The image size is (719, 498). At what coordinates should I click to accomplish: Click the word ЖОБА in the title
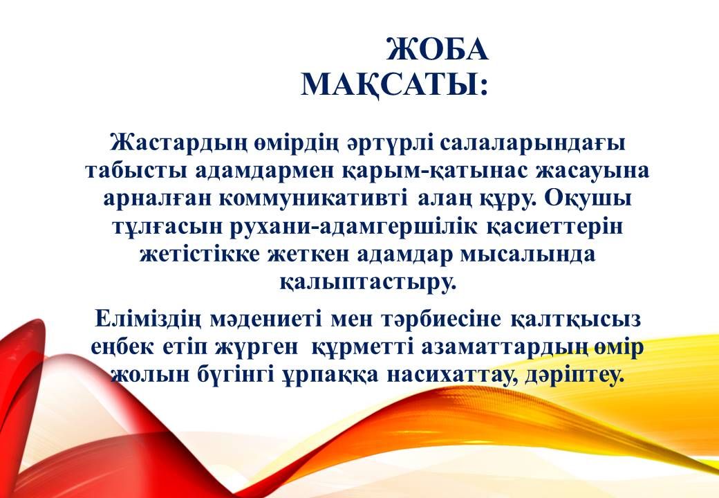coord(438,49)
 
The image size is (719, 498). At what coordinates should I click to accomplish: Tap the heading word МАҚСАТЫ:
coord(394,85)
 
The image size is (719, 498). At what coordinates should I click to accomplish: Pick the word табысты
coord(137,170)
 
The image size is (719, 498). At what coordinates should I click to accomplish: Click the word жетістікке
coord(200,255)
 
